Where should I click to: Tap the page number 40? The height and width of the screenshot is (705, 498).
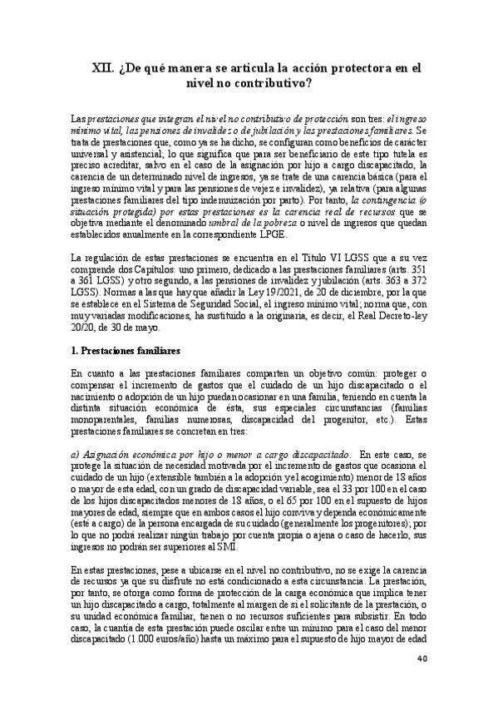[422, 659]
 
